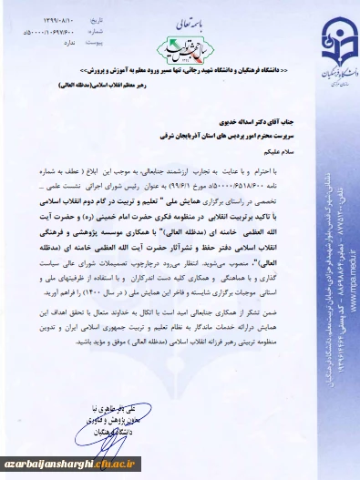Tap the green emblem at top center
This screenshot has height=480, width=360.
coord(180,43)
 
